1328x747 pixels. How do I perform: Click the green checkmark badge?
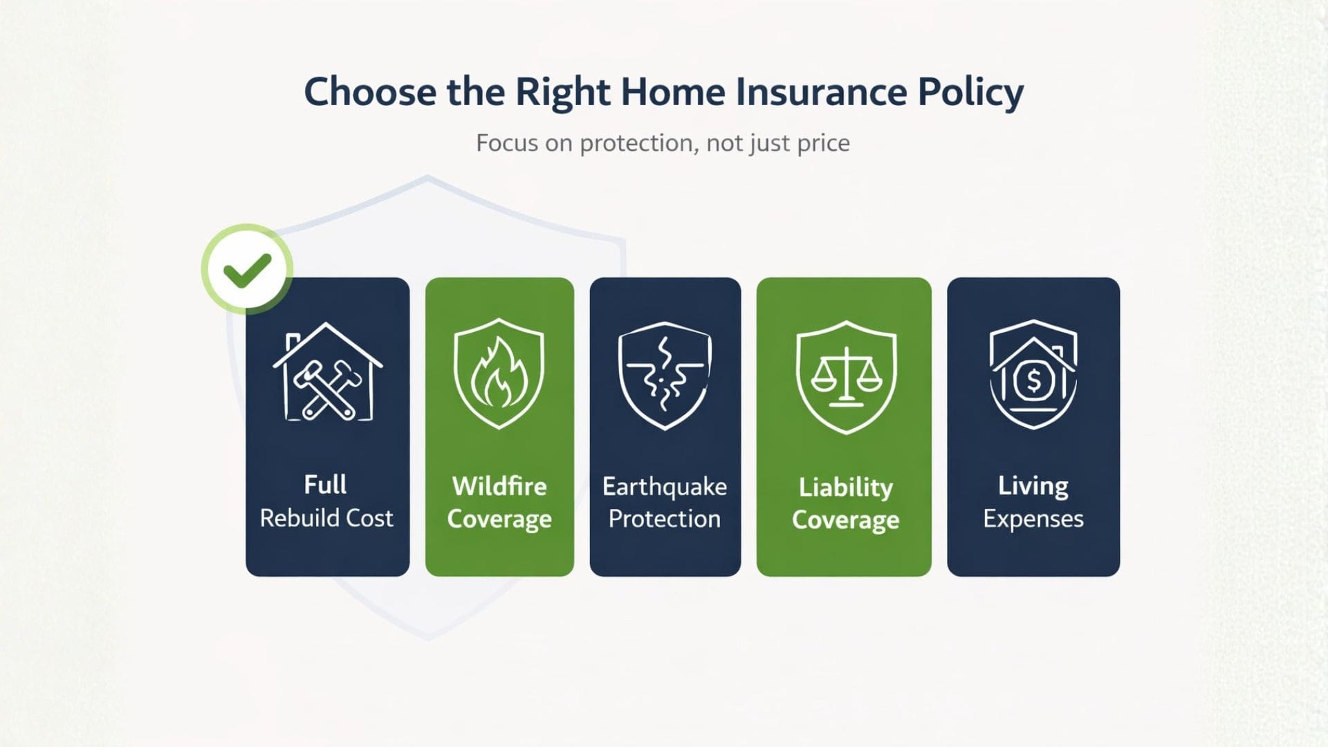(247, 269)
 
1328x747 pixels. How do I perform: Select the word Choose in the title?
(370, 92)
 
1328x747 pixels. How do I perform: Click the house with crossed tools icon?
(327, 373)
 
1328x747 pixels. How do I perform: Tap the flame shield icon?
(499, 374)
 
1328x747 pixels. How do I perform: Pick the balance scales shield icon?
(846, 377)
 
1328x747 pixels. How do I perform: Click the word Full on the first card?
(325, 484)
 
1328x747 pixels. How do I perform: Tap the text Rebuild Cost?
(326, 518)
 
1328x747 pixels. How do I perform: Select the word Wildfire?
(499, 486)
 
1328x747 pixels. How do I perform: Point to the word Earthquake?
(664, 487)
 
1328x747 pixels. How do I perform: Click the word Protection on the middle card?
(664, 519)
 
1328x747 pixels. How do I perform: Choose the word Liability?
(845, 488)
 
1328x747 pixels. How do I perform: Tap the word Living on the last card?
(1033, 486)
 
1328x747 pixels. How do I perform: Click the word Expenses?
(1033, 519)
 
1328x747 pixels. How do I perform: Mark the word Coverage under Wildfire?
(499, 519)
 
